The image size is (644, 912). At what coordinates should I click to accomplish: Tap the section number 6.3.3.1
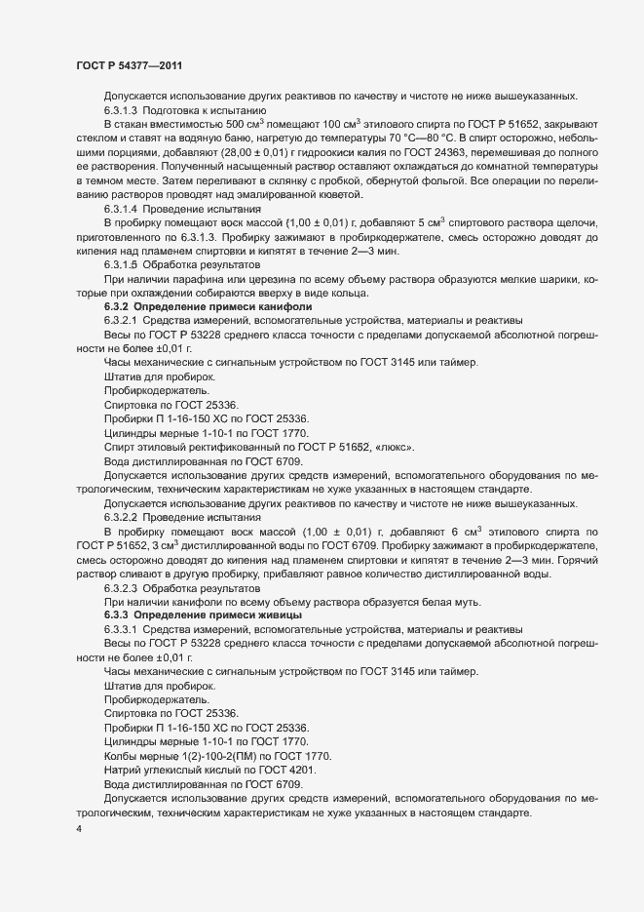point(122,628)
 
